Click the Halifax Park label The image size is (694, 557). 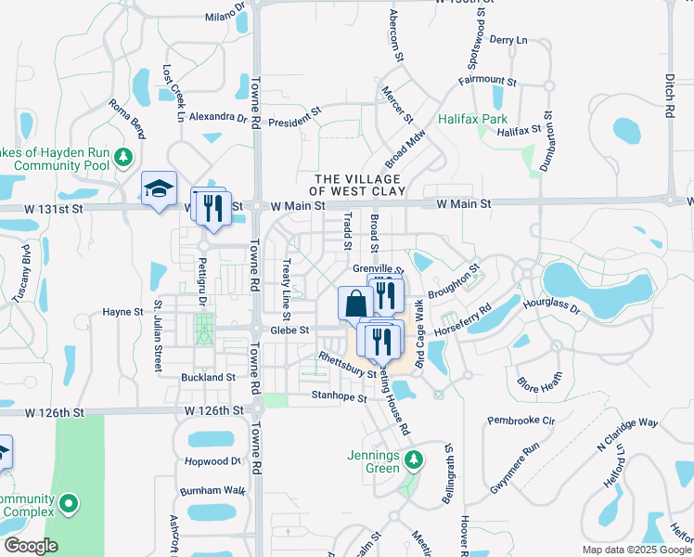tap(473, 120)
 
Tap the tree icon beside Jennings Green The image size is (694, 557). tap(417, 460)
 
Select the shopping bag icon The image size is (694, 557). tap(355, 304)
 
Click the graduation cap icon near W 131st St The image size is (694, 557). tap(159, 188)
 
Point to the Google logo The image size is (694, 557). tap(31, 546)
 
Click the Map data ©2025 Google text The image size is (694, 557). tap(636, 550)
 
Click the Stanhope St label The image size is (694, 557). tap(338, 397)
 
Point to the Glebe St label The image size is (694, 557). tap(289, 330)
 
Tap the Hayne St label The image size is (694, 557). tap(123, 313)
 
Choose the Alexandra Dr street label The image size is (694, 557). tap(218, 118)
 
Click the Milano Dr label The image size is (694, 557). tap(225, 16)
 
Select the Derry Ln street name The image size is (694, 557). tap(508, 40)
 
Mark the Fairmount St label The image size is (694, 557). tap(487, 81)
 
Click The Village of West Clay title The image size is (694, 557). tap(357, 185)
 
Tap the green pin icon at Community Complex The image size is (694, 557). tap(68, 504)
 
